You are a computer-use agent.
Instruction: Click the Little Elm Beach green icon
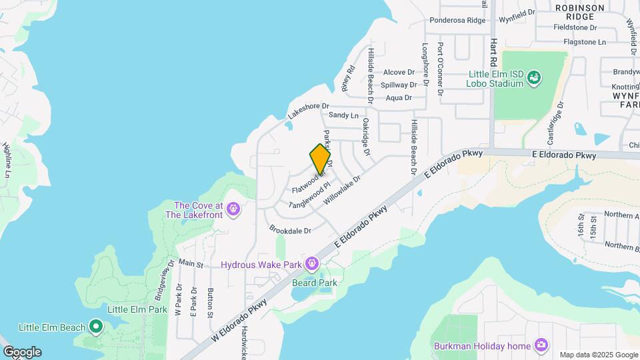[x=96, y=327]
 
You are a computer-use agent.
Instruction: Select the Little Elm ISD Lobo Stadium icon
[x=533, y=79]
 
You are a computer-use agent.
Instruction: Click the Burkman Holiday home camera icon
[x=541, y=345]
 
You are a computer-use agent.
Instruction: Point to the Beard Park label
[x=314, y=283]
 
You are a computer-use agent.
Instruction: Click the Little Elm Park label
[x=137, y=309]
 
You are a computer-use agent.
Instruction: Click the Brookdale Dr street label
[x=290, y=229]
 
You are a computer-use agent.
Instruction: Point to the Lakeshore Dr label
[x=308, y=110]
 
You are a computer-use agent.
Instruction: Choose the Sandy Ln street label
[x=343, y=115]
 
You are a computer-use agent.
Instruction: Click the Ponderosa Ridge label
[x=457, y=20]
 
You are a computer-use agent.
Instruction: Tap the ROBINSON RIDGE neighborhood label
[x=580, y=12]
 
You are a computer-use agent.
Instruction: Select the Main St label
[x=191, y=264]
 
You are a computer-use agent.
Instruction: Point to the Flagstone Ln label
[x=583, y=42]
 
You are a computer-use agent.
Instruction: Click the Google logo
[x=22, y=351]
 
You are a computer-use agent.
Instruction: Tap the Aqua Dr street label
[x=399, y=97]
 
